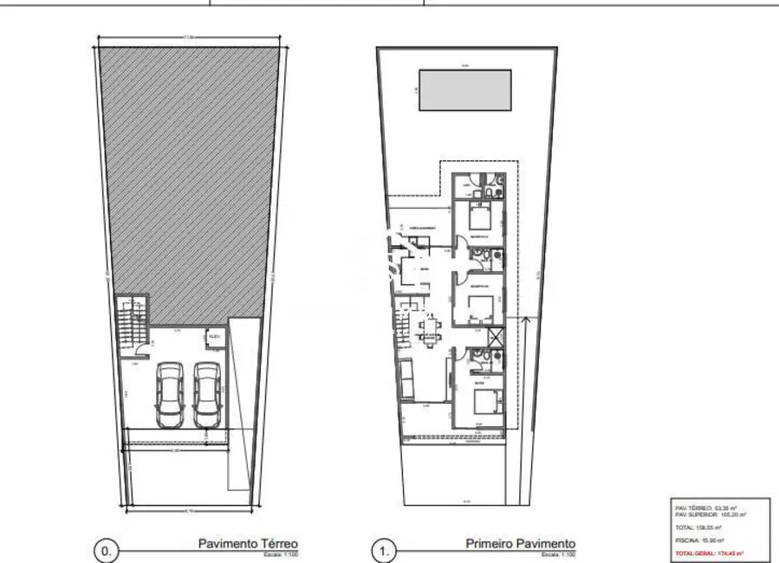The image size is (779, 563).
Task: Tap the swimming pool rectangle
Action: [469, 90]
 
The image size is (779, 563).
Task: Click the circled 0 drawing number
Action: [106, 549]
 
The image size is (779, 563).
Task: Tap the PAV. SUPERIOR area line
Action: [711, 514]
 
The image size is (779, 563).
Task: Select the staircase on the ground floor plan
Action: [129, 321]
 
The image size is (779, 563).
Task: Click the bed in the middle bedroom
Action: [482, 306]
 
